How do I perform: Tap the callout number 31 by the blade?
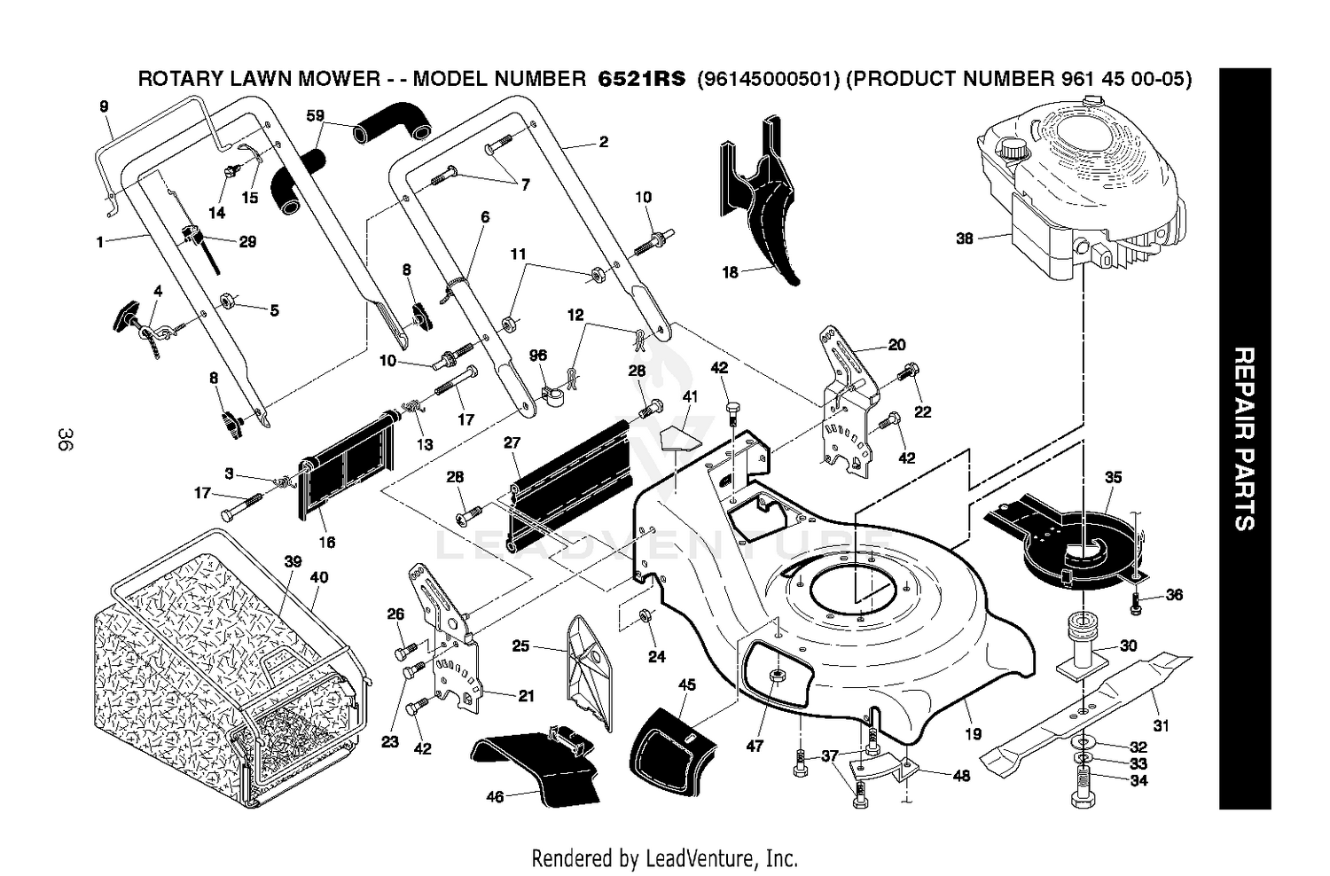coord(1161,725)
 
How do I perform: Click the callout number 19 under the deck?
coord(974,734)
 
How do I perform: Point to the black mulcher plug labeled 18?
coord(763,202)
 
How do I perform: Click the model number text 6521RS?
coord(641,78)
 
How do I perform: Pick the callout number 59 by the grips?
coord(316,115)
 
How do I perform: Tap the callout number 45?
coord(686,684)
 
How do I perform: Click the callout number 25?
coord(520,645)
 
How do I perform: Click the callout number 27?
coord(512,442)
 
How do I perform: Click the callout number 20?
coord(896,345)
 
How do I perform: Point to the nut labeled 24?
coord(645,617)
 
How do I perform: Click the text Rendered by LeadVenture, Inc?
coord(664,858)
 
